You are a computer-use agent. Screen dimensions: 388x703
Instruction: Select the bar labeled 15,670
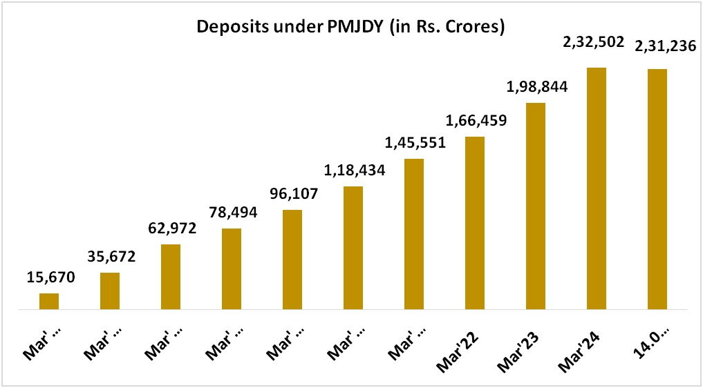49,302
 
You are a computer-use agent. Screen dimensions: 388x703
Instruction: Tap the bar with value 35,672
110,291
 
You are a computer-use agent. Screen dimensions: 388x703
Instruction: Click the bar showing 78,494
232,269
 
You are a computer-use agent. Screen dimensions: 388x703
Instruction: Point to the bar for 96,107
292,260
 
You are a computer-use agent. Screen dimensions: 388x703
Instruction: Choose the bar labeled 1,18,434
353,248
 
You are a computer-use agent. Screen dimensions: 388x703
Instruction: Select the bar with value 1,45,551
414,234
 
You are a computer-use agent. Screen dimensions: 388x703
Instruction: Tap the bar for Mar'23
536,206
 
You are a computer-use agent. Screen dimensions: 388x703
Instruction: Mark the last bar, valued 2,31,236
657,189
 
